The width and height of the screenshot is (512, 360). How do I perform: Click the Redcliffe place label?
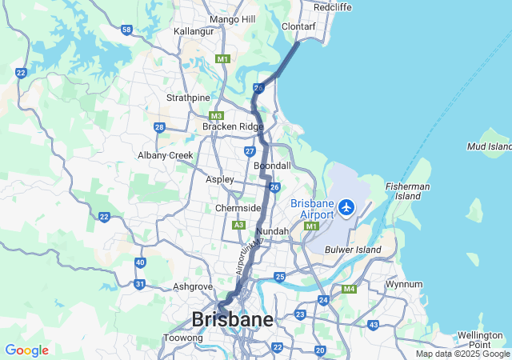coord(334,7)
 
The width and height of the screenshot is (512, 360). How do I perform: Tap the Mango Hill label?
coord(231,19)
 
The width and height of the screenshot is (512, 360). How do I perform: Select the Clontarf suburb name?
coord(299,26)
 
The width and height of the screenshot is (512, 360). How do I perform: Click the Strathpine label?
coord(187,98)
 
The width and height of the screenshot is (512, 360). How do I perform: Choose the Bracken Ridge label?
coord(232,126)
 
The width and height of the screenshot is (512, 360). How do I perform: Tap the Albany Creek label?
coord(166,155)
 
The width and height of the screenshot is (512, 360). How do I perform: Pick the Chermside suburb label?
coord(239,208)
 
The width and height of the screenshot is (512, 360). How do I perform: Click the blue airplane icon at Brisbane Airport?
coord(346,208)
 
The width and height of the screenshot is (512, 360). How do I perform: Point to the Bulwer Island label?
coord(353,250)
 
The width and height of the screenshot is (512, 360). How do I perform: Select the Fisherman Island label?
coord(408,191)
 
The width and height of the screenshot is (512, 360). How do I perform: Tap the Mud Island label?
coord(490,146)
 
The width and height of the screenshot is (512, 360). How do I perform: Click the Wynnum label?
coord(403,284)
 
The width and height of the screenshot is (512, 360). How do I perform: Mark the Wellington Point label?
coord(479,339)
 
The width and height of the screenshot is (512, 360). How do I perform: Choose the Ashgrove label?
coord(192,286)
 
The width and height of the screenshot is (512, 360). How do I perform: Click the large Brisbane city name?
coord(232,319)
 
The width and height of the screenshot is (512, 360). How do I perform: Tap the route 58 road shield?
coord(126,30)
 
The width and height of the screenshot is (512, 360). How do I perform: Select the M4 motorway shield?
coord(349,289)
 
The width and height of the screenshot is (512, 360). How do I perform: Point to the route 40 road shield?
coord(140,262)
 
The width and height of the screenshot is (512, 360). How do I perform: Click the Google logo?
coord(26,350)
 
